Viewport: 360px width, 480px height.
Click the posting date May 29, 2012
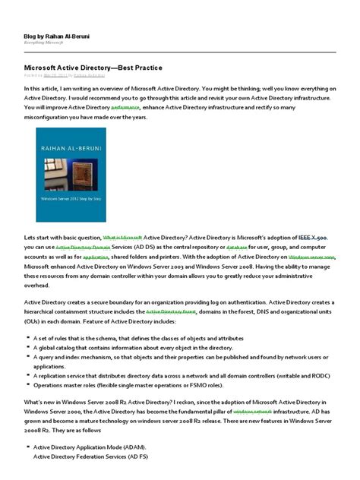pyautogui.click(x=55, y=75)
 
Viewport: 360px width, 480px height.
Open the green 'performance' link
pyautogui.click(x=125, y=109)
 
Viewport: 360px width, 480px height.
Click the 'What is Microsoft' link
pyautogui.click(x=122, y=238)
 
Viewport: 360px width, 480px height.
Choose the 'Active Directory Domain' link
pyautogui.click(x=84, y=248)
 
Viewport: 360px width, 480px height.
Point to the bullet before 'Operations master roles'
pyautogui.click(x=27, y=384)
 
